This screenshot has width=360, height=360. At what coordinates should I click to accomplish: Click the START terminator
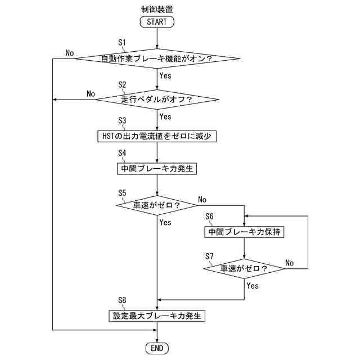click(x=157, y=22)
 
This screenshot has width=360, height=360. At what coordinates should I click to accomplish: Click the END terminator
click(x=157, y=348)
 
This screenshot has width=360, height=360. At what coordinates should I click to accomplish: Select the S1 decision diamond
click(x=157, y=58)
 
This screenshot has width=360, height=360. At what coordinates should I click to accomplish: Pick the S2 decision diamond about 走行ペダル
click(x=157, y=100)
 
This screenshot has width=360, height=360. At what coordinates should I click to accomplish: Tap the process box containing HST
click(x=157, y=136)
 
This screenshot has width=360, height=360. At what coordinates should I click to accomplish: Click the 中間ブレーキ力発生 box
click(x=157, y=168)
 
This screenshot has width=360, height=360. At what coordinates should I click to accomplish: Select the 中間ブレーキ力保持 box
click(x=244, y=231)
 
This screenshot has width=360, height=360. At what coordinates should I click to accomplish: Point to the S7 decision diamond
click(x=244, y=268)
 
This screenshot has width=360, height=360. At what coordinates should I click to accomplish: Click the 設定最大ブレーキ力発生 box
click(x=157, y=316)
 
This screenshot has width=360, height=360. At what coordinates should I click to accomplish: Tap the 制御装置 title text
click(x=157, y=8)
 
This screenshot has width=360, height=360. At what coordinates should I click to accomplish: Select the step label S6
click(x=210, y=216)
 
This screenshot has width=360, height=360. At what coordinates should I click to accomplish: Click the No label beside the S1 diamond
click(x=70, y=52)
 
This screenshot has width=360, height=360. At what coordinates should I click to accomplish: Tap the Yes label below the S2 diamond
click(x=165, y=117)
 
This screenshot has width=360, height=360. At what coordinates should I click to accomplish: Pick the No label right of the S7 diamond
click(x=289, y=263)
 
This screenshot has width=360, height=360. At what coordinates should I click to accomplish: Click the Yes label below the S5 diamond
click(x=165, y=222)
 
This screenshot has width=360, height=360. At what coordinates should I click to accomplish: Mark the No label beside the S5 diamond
click(x=202, y=199)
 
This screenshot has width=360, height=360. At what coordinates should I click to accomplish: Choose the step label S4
click(x=123, y=153)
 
